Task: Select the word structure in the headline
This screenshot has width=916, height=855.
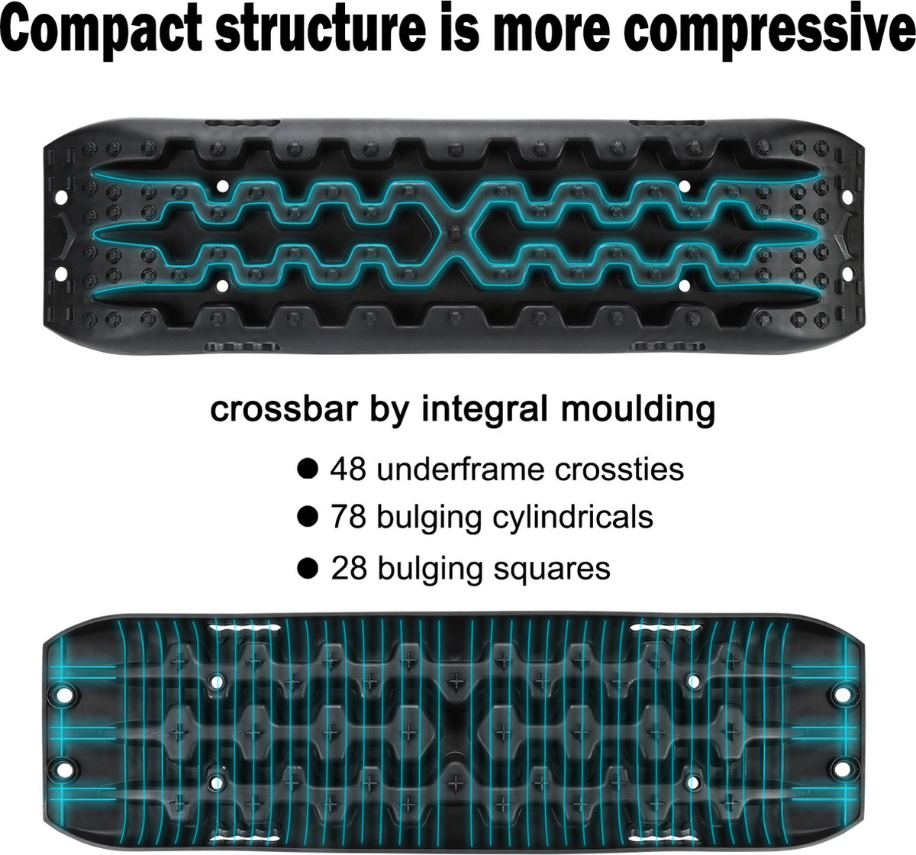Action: click(321, 27)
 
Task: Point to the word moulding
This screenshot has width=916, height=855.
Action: click(638, 408)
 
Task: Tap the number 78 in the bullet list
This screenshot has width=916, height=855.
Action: click(348, 517)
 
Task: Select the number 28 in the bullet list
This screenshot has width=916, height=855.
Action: click(349, 568)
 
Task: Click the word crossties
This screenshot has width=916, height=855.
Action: click(619, 469)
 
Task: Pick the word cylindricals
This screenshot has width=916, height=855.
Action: click(572, 518)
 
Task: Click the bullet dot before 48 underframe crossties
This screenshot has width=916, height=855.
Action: click(308, 469)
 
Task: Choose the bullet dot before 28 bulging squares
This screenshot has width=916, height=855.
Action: click(308, 568)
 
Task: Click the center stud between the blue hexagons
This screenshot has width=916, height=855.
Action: click(456, 232)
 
